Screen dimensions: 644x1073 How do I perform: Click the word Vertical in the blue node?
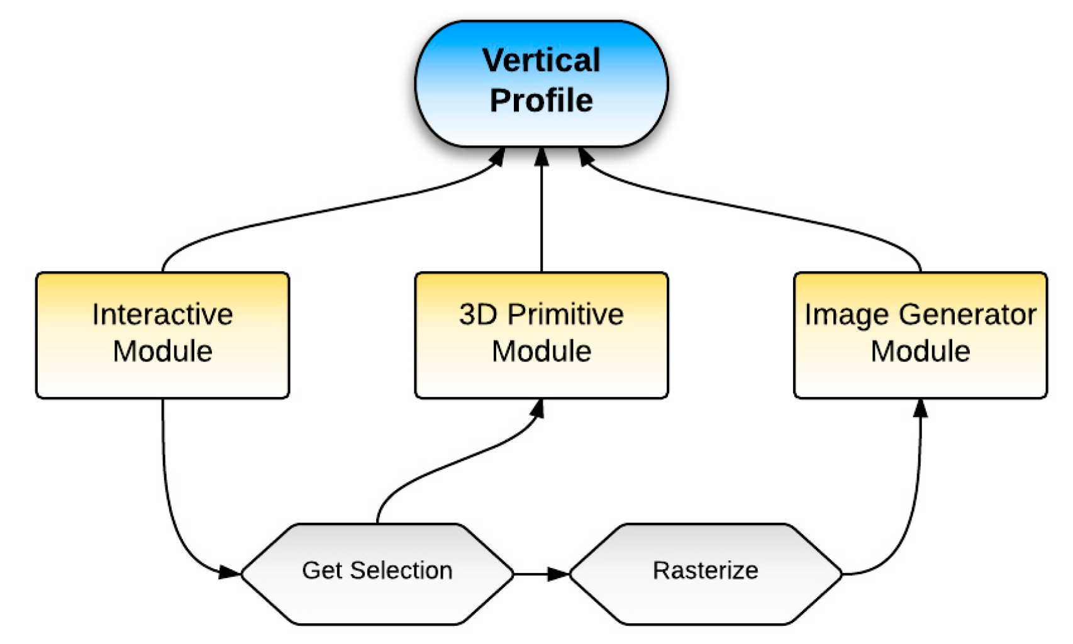click(x=541, y=60)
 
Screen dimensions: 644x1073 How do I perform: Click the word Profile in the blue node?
click(x=541, y=101)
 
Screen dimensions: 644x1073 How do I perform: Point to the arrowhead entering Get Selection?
click(x=230, y=572)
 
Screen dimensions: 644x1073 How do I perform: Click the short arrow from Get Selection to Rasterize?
click(x=541, y=574)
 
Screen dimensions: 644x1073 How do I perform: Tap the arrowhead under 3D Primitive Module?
click(x=537, y=409)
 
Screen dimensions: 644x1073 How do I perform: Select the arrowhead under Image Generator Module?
click(x=920, y=409)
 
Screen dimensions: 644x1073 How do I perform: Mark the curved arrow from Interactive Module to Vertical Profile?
click(x=314, y=214)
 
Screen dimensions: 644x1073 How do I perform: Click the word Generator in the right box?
click(x=969, y=314)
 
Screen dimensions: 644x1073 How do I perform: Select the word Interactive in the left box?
click(x=162, y=314)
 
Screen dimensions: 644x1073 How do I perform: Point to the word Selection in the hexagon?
click(x=401, y=570)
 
